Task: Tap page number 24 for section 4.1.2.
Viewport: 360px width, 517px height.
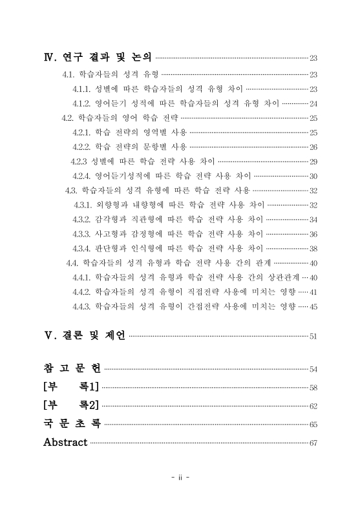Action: [313, 103]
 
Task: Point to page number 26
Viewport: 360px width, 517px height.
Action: [313, 147]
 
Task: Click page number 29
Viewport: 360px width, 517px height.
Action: [313, 162]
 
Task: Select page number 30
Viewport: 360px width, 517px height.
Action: [313, 176]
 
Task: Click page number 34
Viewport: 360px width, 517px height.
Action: [313, 219]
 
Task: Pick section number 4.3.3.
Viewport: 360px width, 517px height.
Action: [81, 233]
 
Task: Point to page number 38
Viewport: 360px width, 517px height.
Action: [313, 248]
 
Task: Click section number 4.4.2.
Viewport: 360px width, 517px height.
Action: [81, 291]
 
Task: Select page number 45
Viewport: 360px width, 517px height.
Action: [313, 306]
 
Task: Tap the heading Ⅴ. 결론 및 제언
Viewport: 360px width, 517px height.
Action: [85, 335]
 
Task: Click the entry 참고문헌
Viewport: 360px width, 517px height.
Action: [72, 368]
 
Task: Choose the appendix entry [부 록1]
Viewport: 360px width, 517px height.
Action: [70, 387]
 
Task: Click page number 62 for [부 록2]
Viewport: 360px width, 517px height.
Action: [313, 406]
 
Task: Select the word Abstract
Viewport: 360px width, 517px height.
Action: [65, 443]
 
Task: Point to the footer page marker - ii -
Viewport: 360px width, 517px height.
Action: [179, 479]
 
